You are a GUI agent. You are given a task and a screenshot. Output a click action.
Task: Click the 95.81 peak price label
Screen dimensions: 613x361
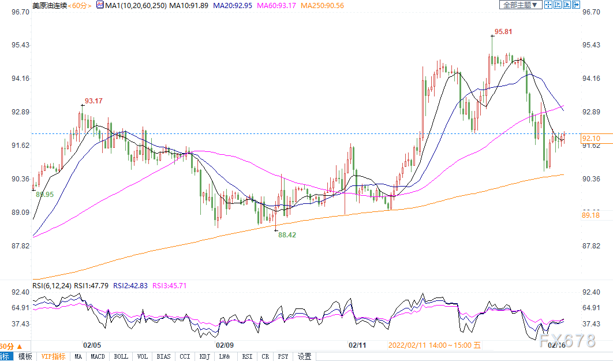pos(503,32)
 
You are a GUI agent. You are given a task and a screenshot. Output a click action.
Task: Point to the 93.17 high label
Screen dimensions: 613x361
pos(94,101)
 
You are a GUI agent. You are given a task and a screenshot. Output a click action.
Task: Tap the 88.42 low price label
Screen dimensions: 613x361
pos(287,235)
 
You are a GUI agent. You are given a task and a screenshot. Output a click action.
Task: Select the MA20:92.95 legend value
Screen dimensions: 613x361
pos(233,5)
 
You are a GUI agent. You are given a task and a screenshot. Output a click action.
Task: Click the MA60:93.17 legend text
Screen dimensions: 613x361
pos(276,5)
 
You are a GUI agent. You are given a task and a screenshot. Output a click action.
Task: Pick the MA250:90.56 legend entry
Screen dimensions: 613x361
pos(323,5)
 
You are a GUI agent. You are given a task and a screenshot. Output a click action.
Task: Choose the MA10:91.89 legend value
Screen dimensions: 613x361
pos(189,5)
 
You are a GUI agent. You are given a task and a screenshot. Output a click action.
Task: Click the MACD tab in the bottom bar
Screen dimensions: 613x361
pos(98,356)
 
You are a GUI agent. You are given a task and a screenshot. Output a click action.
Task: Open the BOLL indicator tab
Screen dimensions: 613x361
pos(121,356)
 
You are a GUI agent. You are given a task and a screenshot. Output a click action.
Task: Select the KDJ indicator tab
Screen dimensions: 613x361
pos(204,356)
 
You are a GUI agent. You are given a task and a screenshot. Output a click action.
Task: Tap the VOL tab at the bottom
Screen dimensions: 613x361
pos(143,356)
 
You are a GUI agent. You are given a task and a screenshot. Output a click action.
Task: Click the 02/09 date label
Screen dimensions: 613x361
pos(225,345)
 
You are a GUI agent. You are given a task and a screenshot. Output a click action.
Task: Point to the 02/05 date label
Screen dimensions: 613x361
pos(92,345)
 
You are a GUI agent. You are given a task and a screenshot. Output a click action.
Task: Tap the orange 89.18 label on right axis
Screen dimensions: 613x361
pos(590,215)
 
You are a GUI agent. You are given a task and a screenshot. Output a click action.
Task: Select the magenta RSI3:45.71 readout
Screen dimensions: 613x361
pos(169,286)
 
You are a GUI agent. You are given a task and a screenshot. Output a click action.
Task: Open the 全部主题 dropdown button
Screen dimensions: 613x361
pos(521,5)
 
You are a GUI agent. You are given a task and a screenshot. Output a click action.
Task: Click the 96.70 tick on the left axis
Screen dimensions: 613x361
pos(20,12)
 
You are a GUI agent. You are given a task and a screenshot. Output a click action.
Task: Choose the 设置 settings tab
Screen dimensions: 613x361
pos(305,356)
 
